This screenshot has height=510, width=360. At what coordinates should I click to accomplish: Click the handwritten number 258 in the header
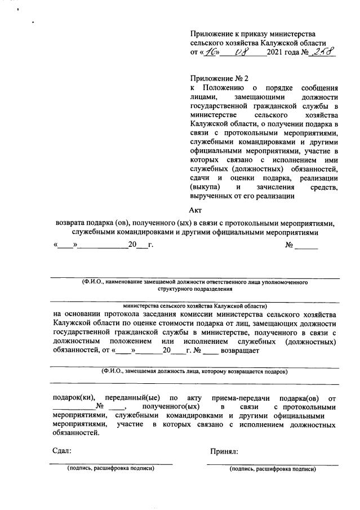323,53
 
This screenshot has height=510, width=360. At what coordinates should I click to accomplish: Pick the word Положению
223,88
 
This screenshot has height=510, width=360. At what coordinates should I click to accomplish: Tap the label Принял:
224,451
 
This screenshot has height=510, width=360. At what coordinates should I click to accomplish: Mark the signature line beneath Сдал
110,463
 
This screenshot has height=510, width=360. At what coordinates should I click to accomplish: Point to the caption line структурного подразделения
194,289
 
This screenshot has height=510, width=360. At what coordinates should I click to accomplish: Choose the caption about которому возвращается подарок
194,371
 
